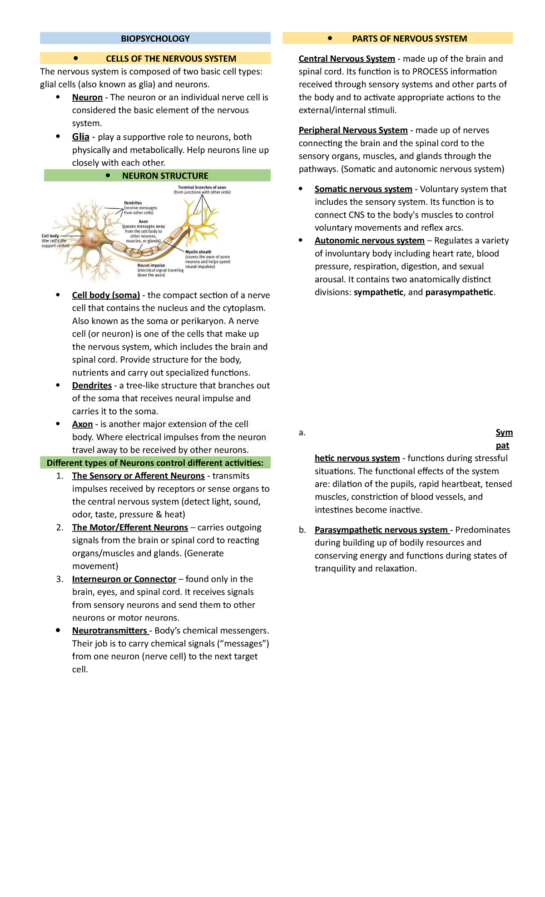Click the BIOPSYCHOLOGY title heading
(x=155, y=39)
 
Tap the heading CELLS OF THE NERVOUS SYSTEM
(x=171, y=59)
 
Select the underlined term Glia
(x=80, y=137)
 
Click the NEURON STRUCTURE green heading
(x=165, y=176)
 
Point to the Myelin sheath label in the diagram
(x=198, y=252)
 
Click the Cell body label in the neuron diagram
(x=50, y=236)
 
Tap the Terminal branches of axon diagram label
(x=202, y=187)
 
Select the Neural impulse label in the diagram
(x=151, y=266)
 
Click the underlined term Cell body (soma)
(x=106, y=295)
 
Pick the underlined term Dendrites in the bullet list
(x=92, y=385)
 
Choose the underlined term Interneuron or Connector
(x=124, y=579)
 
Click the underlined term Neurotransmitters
(x=109, y=631)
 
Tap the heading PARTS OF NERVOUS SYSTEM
(x=409, y=39)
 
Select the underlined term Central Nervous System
(x=347, y=59)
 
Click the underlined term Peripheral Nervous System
(x=353, y=130)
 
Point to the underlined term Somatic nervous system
(x=363, y=189)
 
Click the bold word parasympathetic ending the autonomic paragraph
(x=459, y=292)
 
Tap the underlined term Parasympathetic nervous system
(x=381, y=530)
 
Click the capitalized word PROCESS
(x=431, y=72)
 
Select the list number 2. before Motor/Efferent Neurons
(x=60, y=527)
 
